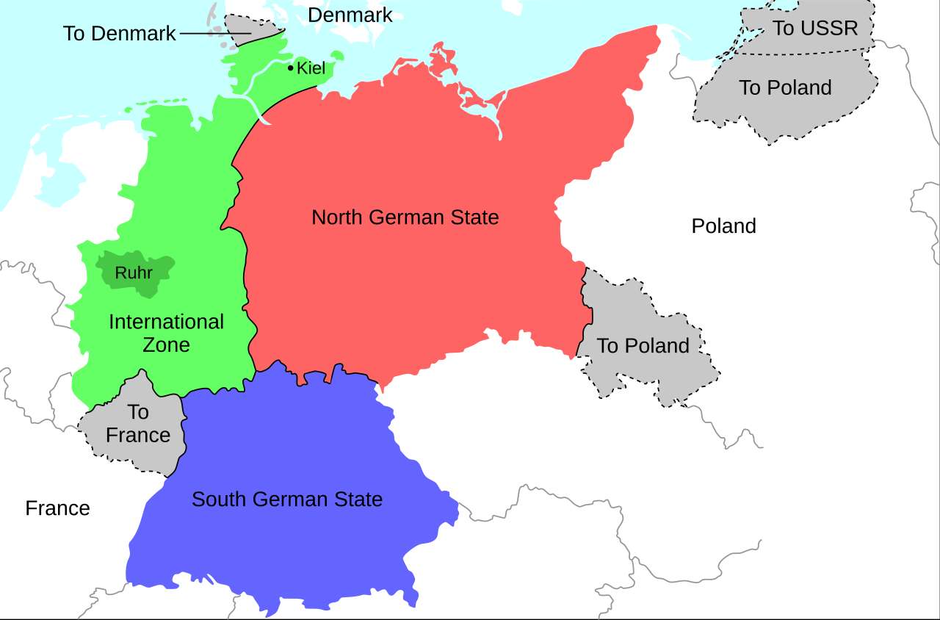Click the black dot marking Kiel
(x=291, y=68)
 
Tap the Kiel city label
(x=311, y=68)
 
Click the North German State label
(x=405, y=217)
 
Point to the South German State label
(x=286, y=500)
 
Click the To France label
(x=137, y=423)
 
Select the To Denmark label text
(x=119, y=34)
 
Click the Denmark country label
(x=350, y=15)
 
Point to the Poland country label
(x=723, y=226)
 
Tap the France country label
(x=57, y=508)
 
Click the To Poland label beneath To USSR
(x=785, y=87)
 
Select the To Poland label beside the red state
(x=643, y=346)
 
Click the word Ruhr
(x=133, y=273)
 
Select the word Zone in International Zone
(x=166, y=345)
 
